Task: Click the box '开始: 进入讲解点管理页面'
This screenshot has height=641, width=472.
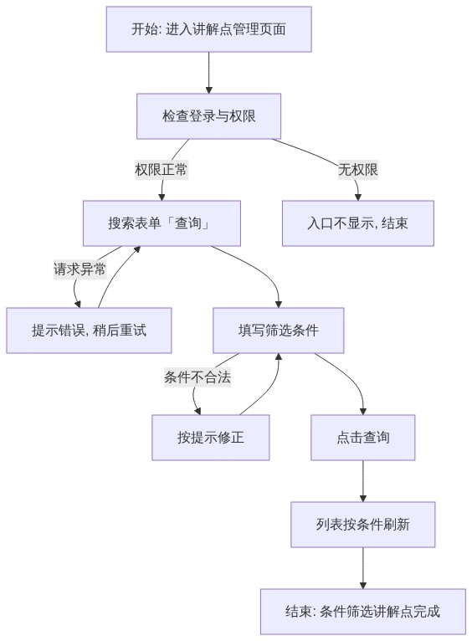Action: pos(209,29)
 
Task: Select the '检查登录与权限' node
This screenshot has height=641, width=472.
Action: pos(209,116)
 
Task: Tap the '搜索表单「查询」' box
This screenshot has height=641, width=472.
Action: pos(162,223)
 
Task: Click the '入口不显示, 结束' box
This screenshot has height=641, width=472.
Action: pos(358,223)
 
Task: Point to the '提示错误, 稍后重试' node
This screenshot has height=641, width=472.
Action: pos(89,331)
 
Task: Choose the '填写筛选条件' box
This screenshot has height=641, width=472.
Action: pos(279,331)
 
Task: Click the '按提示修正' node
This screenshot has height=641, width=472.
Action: pos(211,438)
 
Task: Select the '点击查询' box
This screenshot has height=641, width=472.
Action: pos(363,438)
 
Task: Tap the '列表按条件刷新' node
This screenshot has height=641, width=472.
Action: pos(363,525)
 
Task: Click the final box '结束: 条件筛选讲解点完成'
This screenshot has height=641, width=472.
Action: pos(363,612)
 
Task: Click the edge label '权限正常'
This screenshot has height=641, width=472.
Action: pos(161,169)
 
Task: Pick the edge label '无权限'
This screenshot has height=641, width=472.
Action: pos(358,169)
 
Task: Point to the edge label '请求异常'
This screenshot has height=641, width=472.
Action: pos(80,269)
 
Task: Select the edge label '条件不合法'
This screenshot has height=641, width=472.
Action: pos(198,377)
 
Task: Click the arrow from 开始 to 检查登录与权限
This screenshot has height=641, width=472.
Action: pos(209,73)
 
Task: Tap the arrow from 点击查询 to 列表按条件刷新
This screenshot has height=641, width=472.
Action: pos(363,481)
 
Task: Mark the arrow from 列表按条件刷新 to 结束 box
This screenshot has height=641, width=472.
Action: pos(363,568)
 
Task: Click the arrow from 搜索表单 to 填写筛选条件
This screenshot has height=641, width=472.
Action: pos(262,269)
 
